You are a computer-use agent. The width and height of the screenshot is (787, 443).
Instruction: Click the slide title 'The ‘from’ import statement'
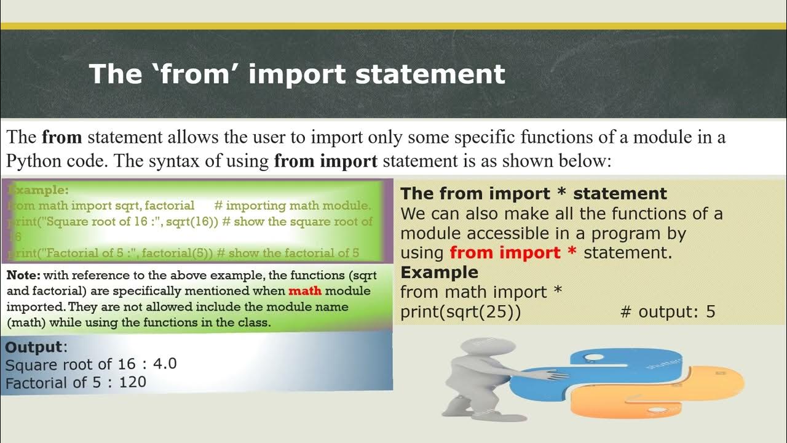[x=296, y=74]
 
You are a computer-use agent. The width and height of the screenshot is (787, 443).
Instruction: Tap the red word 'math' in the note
[x=305, y=290]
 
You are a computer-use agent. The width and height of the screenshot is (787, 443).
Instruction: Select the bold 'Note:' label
[x=23, y=275]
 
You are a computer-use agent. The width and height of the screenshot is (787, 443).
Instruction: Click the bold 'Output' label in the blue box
[x=34, y=346]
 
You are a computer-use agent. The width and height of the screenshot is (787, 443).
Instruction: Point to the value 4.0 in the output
[x=164, y=364]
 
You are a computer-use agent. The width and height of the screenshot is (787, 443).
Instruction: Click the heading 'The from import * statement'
[x=533, y=194]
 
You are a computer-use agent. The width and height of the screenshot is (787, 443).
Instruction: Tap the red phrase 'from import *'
[x=513, y=252]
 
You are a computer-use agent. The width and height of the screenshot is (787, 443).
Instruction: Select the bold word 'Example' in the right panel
[x=439, y=272]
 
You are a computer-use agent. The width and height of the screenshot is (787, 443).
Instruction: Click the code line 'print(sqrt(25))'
[x=461, y=311]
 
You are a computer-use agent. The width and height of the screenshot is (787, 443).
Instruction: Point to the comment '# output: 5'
[x=668, y=311]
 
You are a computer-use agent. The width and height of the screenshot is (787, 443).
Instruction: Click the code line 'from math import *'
[x=481, y=292]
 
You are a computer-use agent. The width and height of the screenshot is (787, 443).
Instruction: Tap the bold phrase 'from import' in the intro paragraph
[x=325, y=161]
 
